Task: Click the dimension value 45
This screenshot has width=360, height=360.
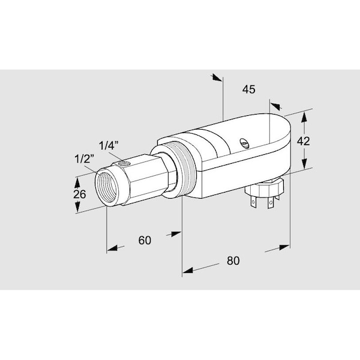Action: (249, 89)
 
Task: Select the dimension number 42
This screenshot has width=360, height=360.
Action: (304, 142)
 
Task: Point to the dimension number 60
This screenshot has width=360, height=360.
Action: (145, 240)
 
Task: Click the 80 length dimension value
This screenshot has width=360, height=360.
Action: (233, 260)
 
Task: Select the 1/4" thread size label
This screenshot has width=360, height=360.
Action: (110, 145)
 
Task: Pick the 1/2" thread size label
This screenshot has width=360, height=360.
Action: (84, 159)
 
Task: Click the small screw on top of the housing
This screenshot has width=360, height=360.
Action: (244, 143)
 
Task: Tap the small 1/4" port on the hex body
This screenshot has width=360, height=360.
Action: (124, 163)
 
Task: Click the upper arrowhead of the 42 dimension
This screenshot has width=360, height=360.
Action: (305, 115)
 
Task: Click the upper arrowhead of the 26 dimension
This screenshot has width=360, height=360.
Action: (77, 180)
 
